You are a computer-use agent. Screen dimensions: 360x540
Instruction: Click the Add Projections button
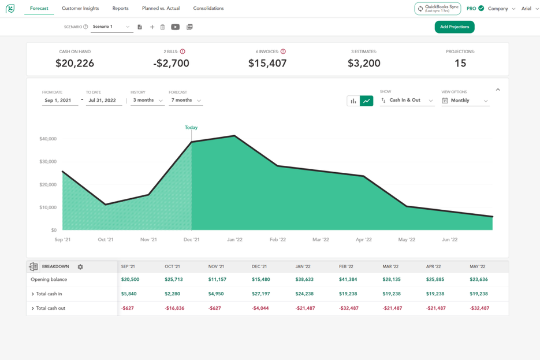[x=455, y=27]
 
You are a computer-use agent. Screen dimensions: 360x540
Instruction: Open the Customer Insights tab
[x=80, y=9]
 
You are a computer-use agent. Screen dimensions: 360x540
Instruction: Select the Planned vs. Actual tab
[x=161, y=9]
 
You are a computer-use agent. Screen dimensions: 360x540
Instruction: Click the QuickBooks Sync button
[x=437, y=9]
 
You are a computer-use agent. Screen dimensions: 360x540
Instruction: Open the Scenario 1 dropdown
[x=111, y=27]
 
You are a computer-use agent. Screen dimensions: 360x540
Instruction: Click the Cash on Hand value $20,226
[x=75, y=64]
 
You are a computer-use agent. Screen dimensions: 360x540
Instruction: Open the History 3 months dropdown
[x=147, y=101]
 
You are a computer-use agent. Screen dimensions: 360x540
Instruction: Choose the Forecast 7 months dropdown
[x=185, y=101]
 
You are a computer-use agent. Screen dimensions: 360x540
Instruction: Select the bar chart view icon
[x=353, y=101]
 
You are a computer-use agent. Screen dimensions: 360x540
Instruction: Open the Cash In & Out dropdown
[x=407, y=101]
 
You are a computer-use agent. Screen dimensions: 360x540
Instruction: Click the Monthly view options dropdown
[x=465, y=101]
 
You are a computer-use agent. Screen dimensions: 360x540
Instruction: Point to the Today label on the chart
[x=191, y=128]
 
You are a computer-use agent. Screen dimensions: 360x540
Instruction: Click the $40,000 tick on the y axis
[x=48, y=139]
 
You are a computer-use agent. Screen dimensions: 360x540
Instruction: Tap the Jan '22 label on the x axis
[x=234, y=239]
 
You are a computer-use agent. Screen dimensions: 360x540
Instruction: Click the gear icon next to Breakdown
[x=80, y=267]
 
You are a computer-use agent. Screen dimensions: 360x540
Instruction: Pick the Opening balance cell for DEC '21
[x=260, y=280]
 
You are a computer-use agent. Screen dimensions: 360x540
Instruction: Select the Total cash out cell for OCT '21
[x=174, y=309]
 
